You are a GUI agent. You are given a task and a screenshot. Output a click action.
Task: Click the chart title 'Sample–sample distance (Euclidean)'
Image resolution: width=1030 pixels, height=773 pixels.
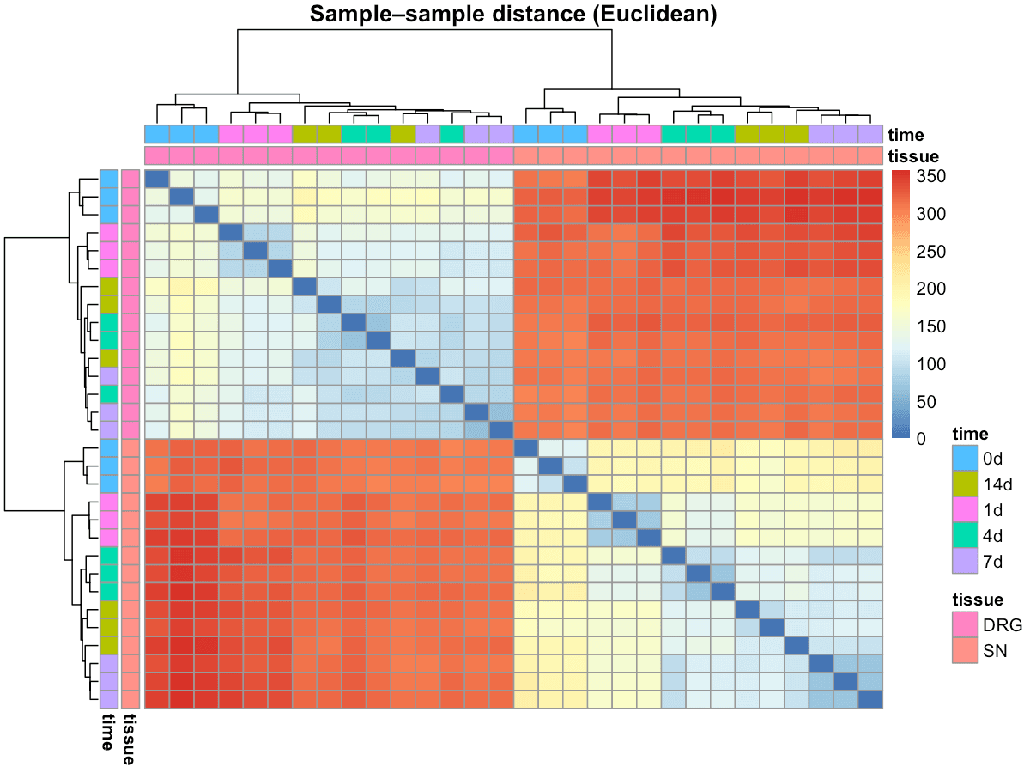coord(513,14)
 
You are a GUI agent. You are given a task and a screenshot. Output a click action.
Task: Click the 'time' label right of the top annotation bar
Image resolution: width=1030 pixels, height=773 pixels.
coord(906,135)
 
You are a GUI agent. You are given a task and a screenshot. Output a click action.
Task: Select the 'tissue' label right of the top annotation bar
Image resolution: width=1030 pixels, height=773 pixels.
coord(913,156)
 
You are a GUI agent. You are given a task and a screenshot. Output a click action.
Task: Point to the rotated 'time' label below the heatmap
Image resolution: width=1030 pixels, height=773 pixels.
coord(109,732)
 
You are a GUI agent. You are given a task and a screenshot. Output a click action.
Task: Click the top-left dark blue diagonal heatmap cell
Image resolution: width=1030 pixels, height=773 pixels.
coord(156,179)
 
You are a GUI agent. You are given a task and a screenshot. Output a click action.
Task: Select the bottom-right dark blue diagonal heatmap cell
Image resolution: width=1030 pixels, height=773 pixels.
coord(870,700)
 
